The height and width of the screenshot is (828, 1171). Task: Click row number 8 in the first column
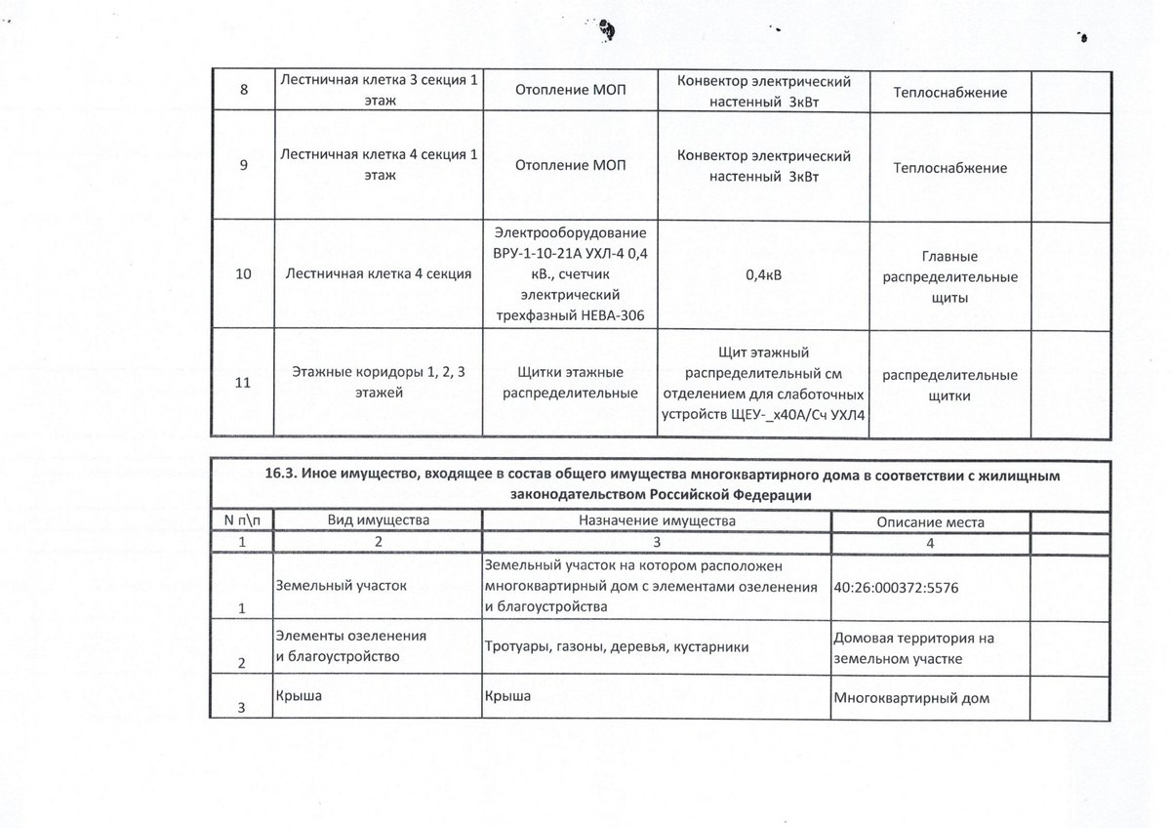[243, 91]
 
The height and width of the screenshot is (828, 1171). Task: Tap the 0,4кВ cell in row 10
[763, 275]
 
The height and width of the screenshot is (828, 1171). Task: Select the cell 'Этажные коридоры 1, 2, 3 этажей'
[379, 383]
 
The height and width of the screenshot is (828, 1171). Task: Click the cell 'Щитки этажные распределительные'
[571, 383]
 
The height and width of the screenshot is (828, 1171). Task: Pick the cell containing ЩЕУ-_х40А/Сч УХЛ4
[763, 383]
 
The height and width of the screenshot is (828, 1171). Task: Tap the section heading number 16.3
[284, 475]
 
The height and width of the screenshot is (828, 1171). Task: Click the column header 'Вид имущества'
[379, 520]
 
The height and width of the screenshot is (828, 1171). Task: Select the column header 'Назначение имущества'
[656, 520]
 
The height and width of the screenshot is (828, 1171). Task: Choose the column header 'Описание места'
[930, 521]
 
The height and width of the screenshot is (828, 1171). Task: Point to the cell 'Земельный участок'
[340, 585]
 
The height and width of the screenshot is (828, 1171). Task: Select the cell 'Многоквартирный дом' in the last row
[912, 698]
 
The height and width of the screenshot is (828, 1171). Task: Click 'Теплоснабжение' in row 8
[949, 92]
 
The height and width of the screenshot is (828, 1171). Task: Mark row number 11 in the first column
[243, 383]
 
